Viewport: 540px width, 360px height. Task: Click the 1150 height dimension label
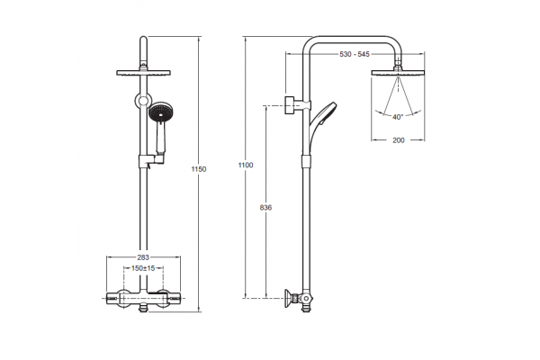click(x=199, y=169)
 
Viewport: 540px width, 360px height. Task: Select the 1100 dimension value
click(x=246, y=165)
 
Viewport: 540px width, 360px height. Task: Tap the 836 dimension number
click(x=265, y=208)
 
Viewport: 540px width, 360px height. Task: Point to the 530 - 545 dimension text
click(x=355, y=54)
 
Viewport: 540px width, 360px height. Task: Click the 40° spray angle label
click(x=398, y=117)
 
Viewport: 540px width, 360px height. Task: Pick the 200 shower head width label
click(x=399, y=140)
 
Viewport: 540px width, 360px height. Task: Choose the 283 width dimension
click(x=143, y=257)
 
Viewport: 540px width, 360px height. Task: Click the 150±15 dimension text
click(x=143, y=268)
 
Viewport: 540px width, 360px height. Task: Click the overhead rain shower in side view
click(x=398, y=73)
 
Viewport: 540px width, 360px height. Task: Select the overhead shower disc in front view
click(x=143, y=73)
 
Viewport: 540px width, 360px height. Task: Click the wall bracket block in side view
click(x=292, y=104)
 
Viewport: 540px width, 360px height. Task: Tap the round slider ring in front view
click(x=143, y=100)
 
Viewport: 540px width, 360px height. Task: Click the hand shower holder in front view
click(x=152, y=160)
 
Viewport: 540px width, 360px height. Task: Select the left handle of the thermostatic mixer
click(x=114, y=298)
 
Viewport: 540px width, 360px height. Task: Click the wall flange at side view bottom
click(x=288, y=298)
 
